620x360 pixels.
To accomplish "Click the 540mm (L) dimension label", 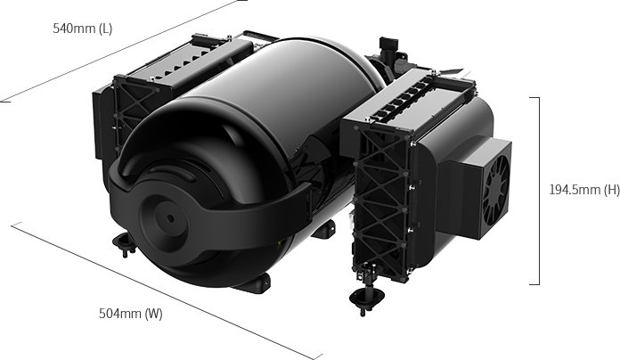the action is click(83, 29).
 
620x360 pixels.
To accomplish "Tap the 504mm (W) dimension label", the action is click(130, 314).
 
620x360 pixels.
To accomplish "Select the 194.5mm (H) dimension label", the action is click(584, 190).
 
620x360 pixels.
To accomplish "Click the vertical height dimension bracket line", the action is click(539, 191).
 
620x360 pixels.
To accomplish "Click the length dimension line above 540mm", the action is click(123, 51).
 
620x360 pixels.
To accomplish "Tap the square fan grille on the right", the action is click(496, 189).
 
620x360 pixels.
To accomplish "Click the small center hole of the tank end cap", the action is click(170, 218).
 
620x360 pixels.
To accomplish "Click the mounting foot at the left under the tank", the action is click(124, 242).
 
